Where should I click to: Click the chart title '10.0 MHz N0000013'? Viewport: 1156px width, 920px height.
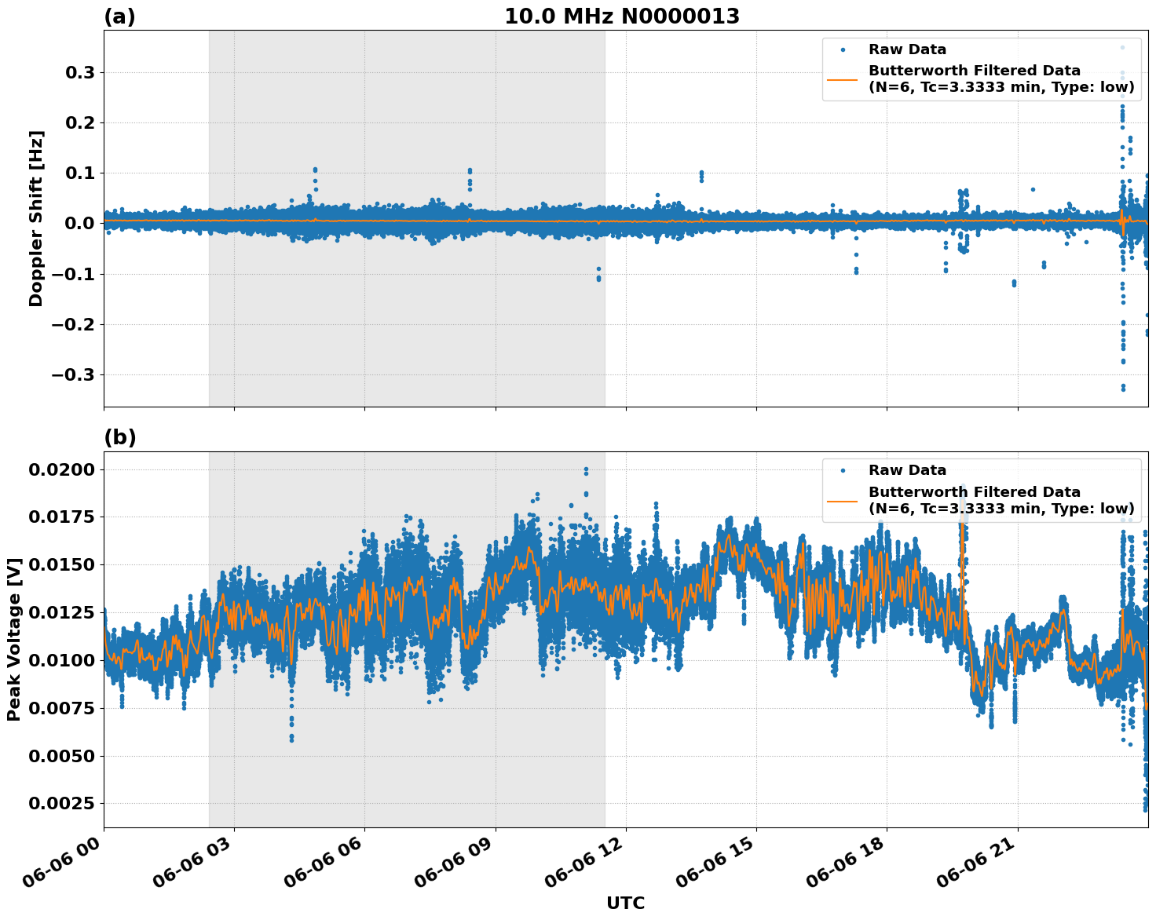pos(621,16)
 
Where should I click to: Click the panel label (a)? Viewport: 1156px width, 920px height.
pos(119,16)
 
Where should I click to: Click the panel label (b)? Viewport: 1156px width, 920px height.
pos(119,437)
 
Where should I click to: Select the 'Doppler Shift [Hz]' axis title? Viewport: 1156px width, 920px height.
pos(36,218)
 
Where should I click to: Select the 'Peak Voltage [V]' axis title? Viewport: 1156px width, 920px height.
pos(14,639)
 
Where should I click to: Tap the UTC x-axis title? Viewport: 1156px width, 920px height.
pos(625,903)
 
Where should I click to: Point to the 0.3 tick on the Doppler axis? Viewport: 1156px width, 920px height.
pos(79,72)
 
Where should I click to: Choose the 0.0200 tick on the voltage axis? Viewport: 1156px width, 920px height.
pos(61,469)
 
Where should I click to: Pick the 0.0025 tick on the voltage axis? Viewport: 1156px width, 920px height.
pos(61,804)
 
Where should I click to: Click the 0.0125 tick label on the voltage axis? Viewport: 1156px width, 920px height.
pos(61,613)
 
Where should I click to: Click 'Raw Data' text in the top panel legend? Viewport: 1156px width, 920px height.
pos(907,49)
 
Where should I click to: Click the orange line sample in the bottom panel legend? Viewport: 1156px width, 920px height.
pos(843,500)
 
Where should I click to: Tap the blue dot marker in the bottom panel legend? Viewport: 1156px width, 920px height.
pos(843,470)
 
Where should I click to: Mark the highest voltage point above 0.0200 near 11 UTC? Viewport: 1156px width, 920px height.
pos(586,469)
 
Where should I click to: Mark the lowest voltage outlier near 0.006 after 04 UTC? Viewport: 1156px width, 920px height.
pos(291,739)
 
